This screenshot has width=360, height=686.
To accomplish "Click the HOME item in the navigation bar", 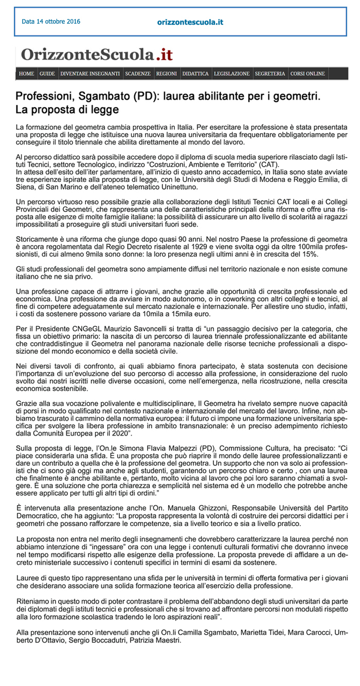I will pyautogui.click(x=26, y=74).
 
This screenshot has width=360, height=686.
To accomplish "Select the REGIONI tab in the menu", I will pyautogui.click(x=166, y=74).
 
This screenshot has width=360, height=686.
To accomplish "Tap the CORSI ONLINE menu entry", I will pyautogui.click(x=308, y=74).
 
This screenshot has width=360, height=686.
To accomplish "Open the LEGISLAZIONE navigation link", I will pyautogui.click(x=231, y=74).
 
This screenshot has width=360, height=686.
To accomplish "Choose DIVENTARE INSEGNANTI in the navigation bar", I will pyautogui.click(x=90, y=74).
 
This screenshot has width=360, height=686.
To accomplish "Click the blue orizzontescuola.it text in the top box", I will pyautogui.click(x=190, y=22).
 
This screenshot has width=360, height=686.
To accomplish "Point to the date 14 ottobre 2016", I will pyautogui.click(x=51, y=22).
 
